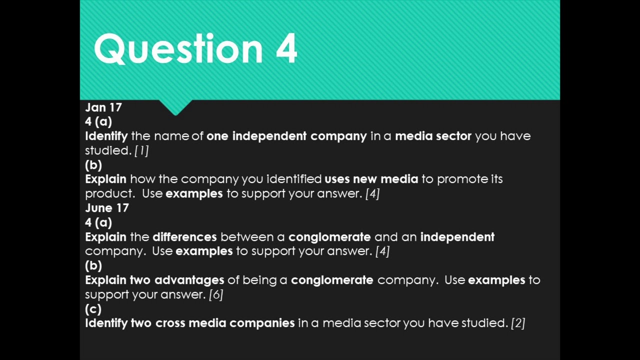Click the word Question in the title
coord(178,49)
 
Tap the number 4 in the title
coord(286,49)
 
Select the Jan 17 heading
coord(103,107)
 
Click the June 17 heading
coord(107,208)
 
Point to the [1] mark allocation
coord(141,150)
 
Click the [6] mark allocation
coord(216,294)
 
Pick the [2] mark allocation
coord(518,323)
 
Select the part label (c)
coord(93,308)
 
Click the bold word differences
coord(184,237)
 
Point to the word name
coord(171,136)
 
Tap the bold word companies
coord(262,323)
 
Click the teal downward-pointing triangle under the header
coord(175,106)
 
